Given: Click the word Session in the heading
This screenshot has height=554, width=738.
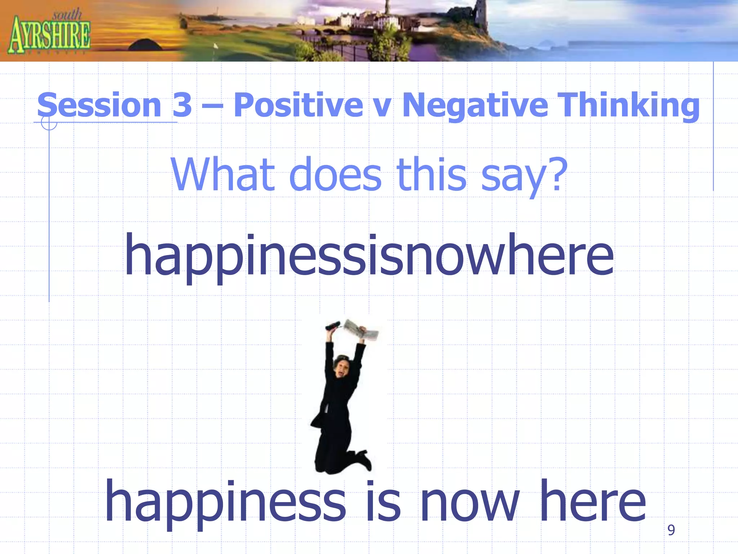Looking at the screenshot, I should (x=99, y=105).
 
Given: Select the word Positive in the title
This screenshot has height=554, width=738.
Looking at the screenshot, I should (x=298, y=105).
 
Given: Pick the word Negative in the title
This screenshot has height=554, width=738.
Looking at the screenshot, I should (x=475, y=105).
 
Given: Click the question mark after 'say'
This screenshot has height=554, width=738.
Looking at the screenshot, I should (x=557, y=174).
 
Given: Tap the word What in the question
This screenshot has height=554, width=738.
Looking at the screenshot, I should (x=223, y=175).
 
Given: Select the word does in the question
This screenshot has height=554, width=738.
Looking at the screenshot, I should (x=335, y=175).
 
